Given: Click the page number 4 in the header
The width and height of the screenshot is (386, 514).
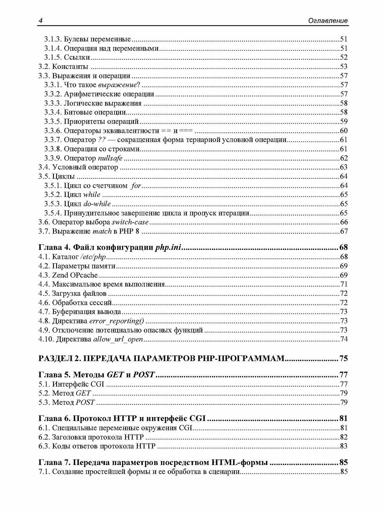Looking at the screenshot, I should pos(40,21).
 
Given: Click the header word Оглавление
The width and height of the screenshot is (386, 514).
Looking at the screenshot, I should pos(328,21).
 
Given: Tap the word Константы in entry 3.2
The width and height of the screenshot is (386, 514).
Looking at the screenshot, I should pos(70,67).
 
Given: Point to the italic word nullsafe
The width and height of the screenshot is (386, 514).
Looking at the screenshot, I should pos(110,159).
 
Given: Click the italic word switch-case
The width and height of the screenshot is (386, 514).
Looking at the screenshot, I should pos(130,222).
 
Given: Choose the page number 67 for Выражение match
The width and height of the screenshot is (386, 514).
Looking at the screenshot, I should pos(344,231).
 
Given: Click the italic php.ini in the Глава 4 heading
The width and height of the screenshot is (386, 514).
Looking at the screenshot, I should pos(168,248).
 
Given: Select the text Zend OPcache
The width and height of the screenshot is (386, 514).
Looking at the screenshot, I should pos(75,275).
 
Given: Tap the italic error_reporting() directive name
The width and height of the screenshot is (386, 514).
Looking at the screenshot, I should pos(117,321).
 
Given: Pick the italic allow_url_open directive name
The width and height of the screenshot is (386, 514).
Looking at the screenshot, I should pos(118,339).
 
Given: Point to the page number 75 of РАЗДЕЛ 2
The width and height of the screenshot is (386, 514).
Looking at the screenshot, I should pos(343,359).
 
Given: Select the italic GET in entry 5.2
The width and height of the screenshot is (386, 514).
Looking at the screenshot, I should pos(83,393).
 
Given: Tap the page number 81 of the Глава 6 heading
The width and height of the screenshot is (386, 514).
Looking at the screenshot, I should pos(343,419).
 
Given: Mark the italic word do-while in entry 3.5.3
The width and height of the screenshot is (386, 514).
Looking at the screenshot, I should pos(97,204).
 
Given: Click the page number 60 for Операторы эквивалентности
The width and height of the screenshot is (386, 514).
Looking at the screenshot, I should pos(344,131).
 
